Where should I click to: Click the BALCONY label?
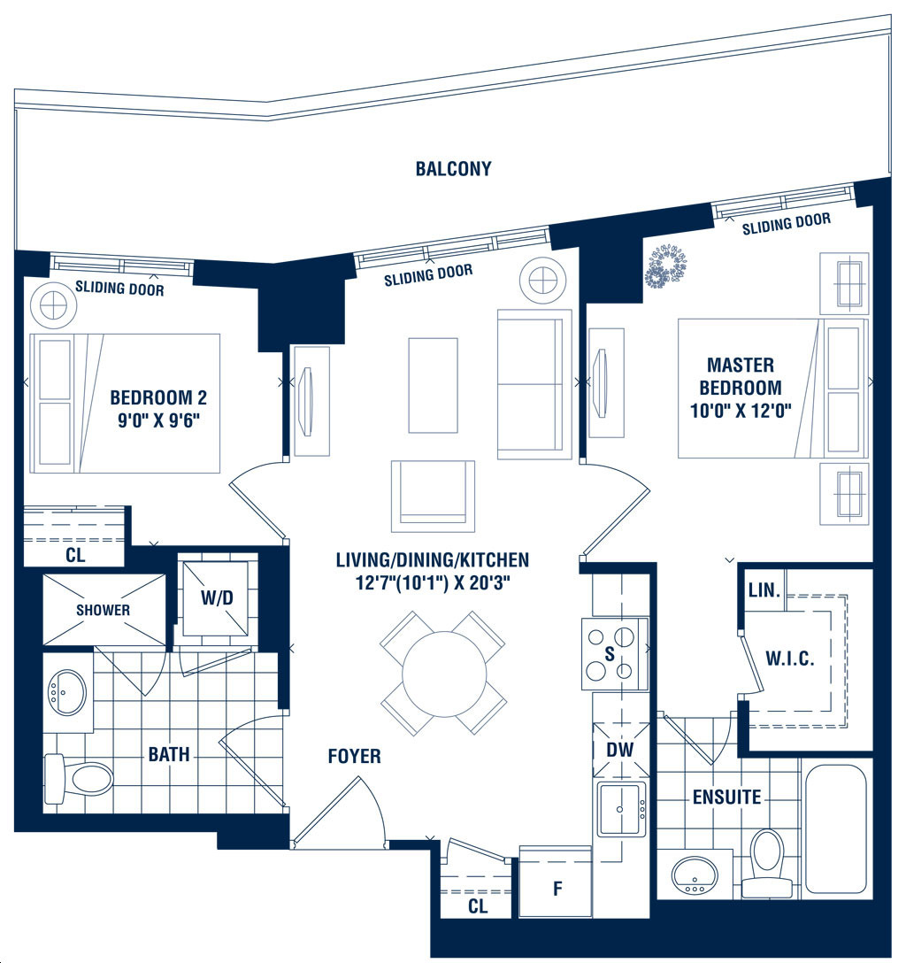tap(454, 169)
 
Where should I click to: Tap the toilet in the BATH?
tap(79, 779)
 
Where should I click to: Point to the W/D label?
tap(217, 597)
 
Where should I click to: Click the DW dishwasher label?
tap(620, 750)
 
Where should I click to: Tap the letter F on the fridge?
tap(557, 888)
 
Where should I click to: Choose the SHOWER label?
tap(104, 610)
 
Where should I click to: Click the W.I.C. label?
tap(790, 659)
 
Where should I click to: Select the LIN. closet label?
tap(764, 590)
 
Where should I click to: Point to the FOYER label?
tap(354, 756)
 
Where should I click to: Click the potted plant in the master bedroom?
tap(665, 266)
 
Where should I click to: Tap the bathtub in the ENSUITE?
tap(835, 828)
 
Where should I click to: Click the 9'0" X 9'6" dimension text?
tap(159, 420)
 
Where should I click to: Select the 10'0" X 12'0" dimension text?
tap(741, 411)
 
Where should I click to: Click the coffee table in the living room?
tap(434, 385)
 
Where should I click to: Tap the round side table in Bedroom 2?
tap(54, 304)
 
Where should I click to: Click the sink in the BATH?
tap(66, 691)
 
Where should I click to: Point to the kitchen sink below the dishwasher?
tap(621, 810)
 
